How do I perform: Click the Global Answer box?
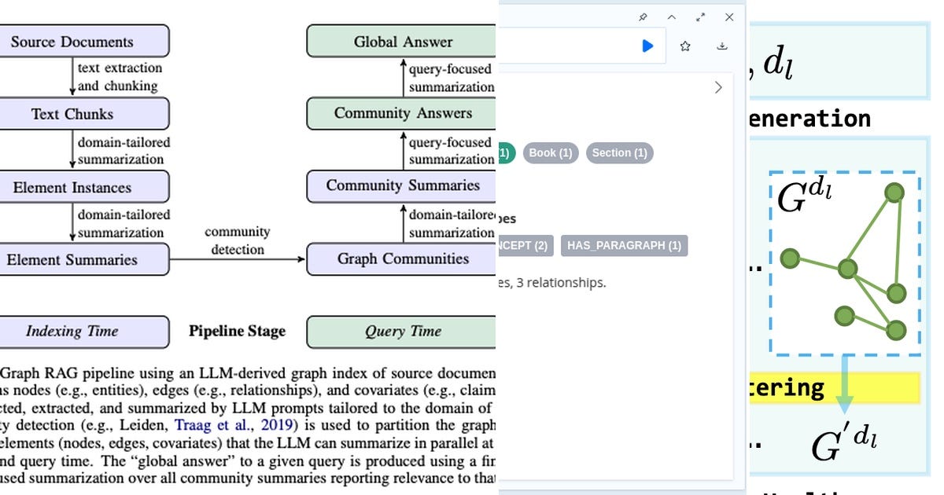[x=401, y=42]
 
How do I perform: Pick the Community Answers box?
[x=401, y=113]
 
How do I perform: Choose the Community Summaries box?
[x=401, y=186]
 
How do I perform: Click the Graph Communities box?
[x=401, y=259]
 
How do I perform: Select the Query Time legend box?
[x=401, y=331]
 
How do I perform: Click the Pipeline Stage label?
[x=237, y=331]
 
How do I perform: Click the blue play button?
[x=647, y=46]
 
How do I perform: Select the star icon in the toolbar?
[x=685, y=46]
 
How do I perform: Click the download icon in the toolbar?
[x=722, y=46]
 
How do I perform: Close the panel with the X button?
[x=729, y=17]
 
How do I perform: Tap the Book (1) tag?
[x=551, y=152]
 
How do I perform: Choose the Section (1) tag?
[x=620, y=152]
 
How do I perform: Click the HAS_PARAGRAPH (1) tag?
[x=624, y=245]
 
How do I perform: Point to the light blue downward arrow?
[x=844, y=385]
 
